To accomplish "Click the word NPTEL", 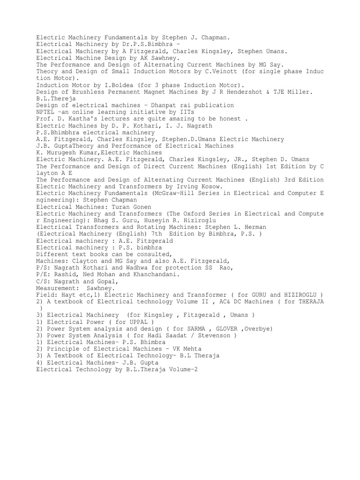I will pos(45,112).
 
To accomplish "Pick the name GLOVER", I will pos(227,330).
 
